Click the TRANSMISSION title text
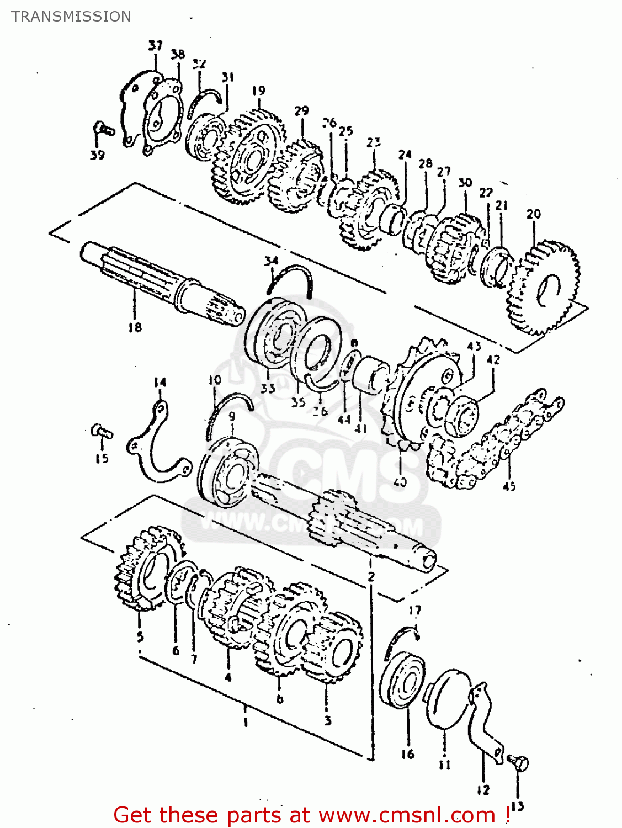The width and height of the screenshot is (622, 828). coord(71,17)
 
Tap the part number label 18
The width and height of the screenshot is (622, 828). coord(135,327)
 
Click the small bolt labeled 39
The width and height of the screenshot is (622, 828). coord(103,130)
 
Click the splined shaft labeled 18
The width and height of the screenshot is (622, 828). coord(160,282)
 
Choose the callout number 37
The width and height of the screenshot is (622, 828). coord(156,45)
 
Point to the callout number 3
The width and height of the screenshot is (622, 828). coord(328,720)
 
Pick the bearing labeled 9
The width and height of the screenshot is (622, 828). coord(228,472)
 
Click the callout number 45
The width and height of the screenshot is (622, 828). coord(509,486)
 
